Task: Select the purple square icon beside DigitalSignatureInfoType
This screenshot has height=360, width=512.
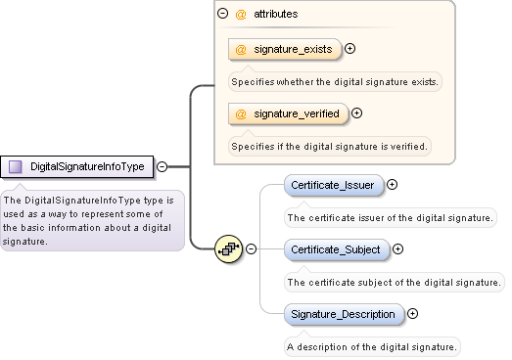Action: tap(16, 167)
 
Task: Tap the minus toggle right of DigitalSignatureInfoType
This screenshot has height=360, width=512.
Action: tap(162, 167)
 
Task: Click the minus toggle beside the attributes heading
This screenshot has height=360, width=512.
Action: tap(222, 15)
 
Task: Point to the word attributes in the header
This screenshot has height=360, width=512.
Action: tap(276, 15)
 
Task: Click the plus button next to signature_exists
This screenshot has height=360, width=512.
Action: tap(349, 48)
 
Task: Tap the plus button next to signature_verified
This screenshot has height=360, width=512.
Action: tap(356, 113)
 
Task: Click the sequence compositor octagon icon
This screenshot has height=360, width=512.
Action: tap(228, 248)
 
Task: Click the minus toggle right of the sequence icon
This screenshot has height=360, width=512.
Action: tap(251, 248)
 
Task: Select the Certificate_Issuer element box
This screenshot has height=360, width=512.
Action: tap(332, 184)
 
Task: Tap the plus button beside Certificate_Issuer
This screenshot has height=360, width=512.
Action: tap(393, 184)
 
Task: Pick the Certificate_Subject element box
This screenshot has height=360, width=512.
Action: tap(335, 248)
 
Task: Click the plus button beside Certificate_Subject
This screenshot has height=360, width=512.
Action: tap(399, 248)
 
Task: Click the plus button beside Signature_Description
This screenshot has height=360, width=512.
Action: tap(412, 314)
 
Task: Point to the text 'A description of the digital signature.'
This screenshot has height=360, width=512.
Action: tap(371, 346)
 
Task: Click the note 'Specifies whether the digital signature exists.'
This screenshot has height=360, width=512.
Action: tap(334, 80)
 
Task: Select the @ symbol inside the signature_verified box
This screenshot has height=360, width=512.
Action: tap(241, 113)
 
